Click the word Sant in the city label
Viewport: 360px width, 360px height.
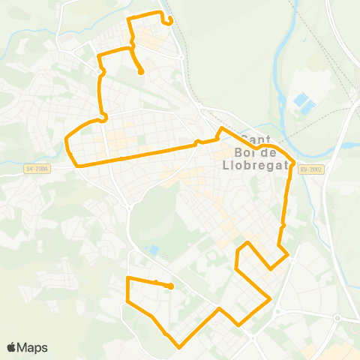[x=256, y=139]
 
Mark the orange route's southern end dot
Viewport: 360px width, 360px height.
[x=172, y=286]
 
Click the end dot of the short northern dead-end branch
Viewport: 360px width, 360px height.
[x=141, y=73]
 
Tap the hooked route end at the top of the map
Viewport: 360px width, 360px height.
[x=172, y=22]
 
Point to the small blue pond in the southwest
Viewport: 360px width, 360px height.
[x=154, y=249]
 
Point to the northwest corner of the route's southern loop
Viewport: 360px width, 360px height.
[x=127, y=278]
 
